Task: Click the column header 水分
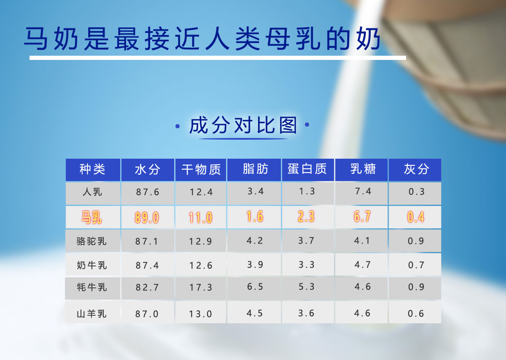[148, 170]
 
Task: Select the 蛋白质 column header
[307, 169]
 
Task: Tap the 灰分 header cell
[416, 169]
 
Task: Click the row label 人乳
[92, 192]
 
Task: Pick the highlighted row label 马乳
[92, 217]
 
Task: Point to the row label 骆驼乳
[92, 241]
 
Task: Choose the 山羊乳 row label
[92, 314]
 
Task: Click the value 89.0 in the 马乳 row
[147, 218]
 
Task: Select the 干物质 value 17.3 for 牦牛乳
[201, 287]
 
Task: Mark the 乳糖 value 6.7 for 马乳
[362, 217]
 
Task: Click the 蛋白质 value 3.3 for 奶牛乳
[307, 265]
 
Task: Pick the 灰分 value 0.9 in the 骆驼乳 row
[416, 241]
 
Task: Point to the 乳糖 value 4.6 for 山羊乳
[362, 313]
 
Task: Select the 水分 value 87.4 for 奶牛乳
[147, 265]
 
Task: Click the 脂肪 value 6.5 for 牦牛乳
[255, 287]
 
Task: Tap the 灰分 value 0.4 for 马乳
[416, 217]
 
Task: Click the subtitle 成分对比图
[243, 125]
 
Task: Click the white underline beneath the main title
[218, 58]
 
